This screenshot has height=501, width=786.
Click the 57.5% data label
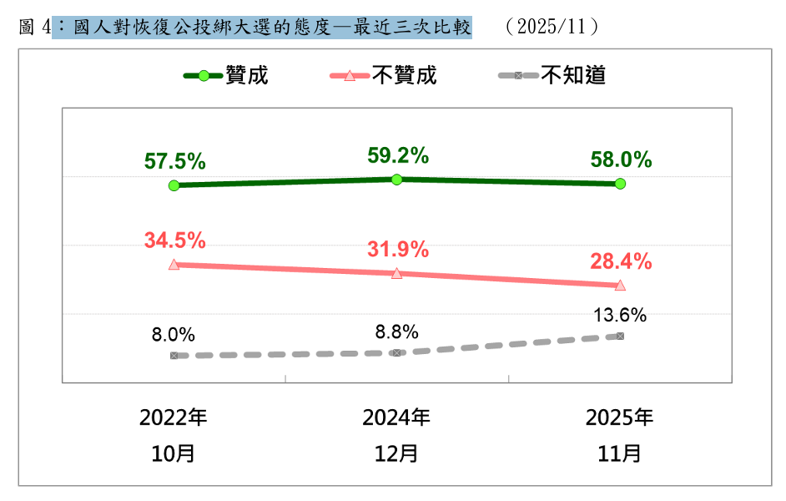174,161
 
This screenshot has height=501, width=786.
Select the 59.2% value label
398,155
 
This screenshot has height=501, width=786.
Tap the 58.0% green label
620,160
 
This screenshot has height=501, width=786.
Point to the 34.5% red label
174,240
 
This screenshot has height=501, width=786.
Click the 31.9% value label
398,249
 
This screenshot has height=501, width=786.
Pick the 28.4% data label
620,261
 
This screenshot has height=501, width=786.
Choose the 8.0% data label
174,335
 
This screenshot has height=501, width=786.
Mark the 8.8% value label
396,331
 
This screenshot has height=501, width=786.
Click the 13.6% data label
620,315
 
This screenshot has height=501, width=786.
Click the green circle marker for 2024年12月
397,180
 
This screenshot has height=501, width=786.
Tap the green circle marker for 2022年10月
174,185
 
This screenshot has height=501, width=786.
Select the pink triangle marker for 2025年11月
620,286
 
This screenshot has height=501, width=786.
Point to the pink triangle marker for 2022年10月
174,264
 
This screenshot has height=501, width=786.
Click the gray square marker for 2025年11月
620,336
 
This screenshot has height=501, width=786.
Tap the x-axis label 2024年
396,417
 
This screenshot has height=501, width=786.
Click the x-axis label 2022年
174,417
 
